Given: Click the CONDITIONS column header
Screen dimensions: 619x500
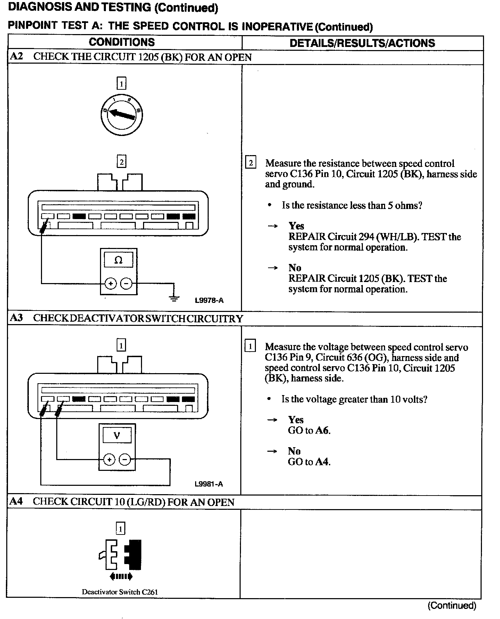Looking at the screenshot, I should (122, 42).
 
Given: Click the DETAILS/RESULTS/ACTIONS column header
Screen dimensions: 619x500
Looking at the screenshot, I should (362, 43).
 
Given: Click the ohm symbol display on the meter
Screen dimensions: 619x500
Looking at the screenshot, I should (118, 260).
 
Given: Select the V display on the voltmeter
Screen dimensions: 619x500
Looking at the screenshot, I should (117, 435).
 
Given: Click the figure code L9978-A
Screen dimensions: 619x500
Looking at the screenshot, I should (209, 300).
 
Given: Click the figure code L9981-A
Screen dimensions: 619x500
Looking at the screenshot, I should (209, 484).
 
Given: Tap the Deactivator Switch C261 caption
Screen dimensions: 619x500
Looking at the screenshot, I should (120, 592).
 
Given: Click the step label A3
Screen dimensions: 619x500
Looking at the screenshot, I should (16, 318).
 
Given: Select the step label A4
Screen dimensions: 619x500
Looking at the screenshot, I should (16, 501).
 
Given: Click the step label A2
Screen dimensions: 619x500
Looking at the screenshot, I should (16, 57).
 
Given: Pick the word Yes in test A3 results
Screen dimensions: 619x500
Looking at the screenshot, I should (295, 420).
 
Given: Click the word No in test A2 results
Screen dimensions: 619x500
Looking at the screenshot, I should (295, 267).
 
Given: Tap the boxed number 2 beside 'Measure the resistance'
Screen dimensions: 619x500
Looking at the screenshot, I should (251, 163).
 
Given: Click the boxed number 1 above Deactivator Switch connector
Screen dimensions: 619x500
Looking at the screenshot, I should (120, 529).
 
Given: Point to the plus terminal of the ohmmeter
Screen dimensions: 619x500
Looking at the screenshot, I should (111, 284).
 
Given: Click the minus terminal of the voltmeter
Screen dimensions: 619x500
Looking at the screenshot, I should (125, 460).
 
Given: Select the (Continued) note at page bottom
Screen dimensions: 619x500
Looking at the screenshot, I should (452, 605).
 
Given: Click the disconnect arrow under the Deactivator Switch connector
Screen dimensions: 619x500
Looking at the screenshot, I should (121, 577).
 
